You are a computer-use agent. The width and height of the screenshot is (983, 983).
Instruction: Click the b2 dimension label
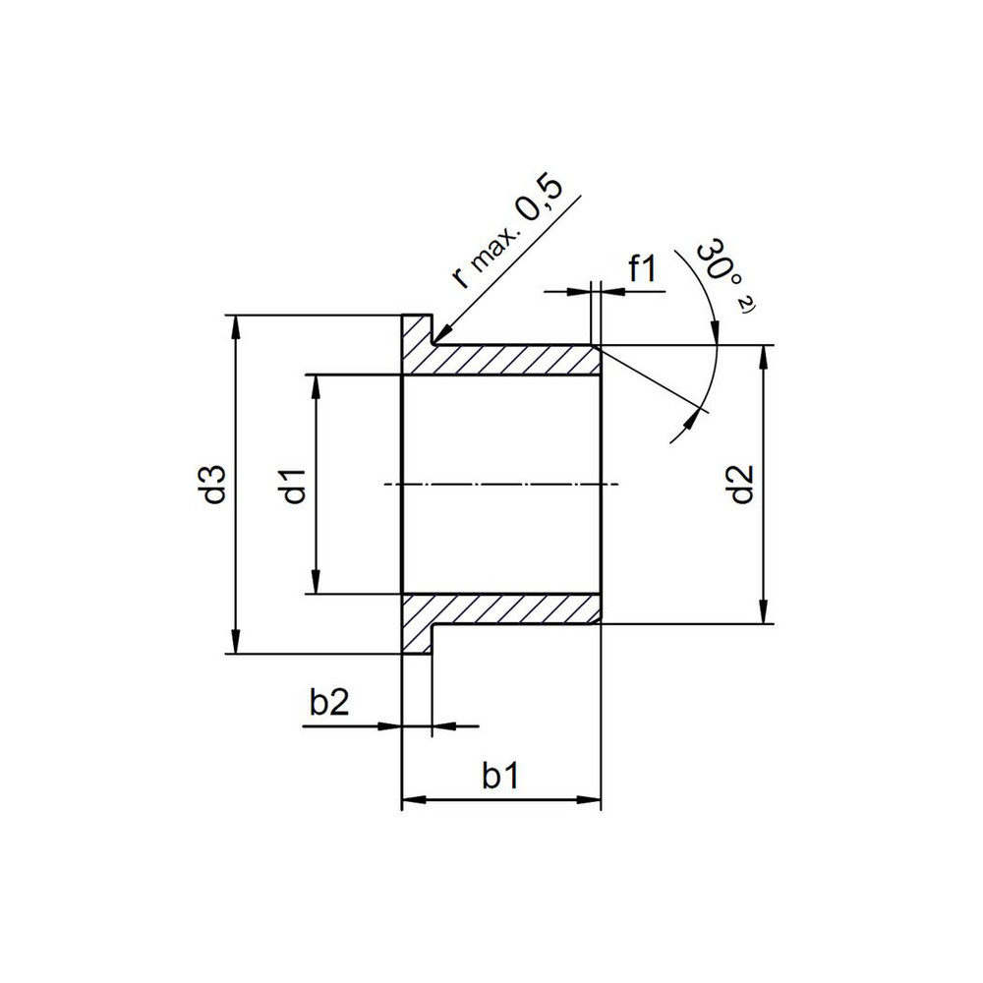coord(329,704)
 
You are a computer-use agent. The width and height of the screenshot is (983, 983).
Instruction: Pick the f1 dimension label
coord(643,269)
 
